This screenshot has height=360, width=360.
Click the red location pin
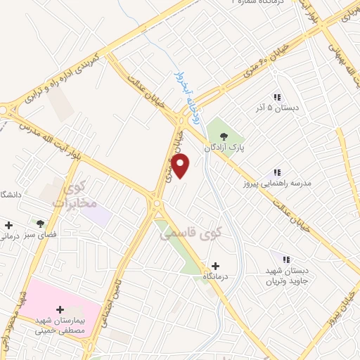181,166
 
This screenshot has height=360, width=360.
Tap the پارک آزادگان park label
224,148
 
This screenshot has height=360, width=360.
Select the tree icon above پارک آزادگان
224,136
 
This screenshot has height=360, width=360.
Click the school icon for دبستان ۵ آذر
277,97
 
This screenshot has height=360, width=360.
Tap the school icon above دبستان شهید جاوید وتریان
285,259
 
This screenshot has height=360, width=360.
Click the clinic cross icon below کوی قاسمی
215,266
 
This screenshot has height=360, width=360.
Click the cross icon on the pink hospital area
60,309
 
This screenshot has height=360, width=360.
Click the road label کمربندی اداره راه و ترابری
63,77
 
